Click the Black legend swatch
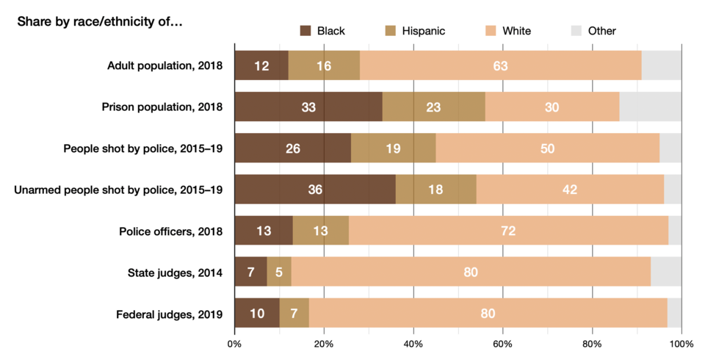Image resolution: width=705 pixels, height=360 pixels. tap(305, 31)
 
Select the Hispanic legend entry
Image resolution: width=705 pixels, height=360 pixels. tap(414, 31)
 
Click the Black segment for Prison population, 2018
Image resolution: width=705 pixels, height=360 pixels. tap(308, 107)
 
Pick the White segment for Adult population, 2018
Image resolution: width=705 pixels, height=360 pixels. tap(500, 66)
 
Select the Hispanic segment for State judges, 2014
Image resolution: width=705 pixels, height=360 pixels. tap(279, 273)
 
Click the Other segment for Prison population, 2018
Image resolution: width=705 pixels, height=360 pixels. tap(650, 107)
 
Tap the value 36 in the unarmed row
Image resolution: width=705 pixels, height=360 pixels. tap(315, 190)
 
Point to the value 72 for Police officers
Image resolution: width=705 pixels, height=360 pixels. tap(508, 231)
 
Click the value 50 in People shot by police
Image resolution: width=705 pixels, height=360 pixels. tap(547, 148)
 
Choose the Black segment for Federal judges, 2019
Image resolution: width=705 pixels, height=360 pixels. tap(257, 314)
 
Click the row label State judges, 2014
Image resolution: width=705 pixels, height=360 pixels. tap(175, 273)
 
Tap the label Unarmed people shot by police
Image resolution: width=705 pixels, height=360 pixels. tap(118, 190)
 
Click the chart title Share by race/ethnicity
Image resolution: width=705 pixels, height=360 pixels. tap(100, 21)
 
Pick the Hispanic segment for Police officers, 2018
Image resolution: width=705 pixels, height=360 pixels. tap(321, 231)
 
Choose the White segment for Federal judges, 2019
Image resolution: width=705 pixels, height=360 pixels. tap(488, 314)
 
